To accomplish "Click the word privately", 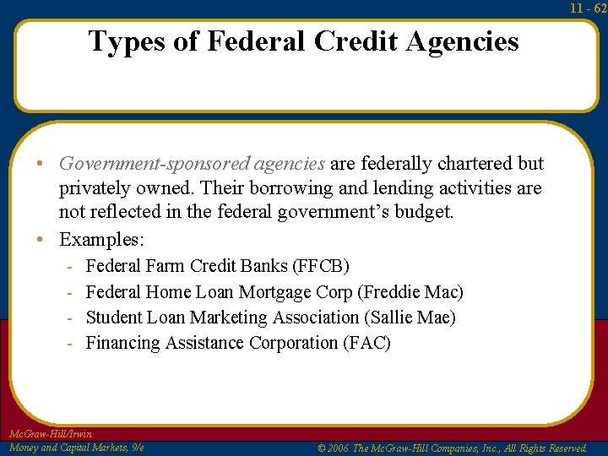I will (94, 187).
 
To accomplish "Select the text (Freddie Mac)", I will (410, 292).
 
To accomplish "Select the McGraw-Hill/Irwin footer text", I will (50, 434).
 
